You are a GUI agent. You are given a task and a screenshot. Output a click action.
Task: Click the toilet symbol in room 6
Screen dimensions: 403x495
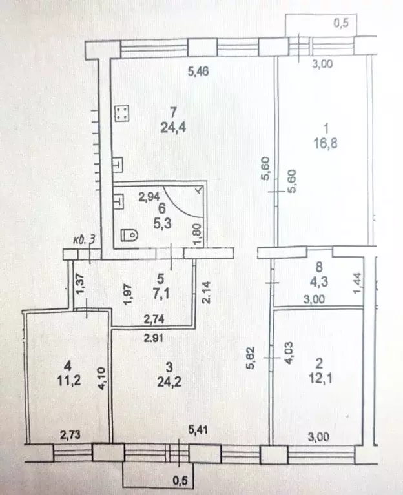pos(130,235)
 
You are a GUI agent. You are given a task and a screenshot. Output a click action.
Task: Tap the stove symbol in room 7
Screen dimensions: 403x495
pos(122,113)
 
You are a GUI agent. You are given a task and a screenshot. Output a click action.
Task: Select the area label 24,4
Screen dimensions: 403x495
pos(172,128)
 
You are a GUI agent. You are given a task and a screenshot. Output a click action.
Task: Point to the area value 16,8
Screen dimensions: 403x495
pos(325,144)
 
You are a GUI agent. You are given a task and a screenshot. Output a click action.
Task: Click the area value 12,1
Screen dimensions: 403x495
pos(320,378)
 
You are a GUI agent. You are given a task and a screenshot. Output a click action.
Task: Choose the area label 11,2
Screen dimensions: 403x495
pos(69,380)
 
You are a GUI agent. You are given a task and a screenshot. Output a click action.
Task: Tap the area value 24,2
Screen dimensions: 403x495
pos(169,382)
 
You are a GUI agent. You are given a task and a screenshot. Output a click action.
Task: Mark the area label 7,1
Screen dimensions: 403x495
pos(161,294)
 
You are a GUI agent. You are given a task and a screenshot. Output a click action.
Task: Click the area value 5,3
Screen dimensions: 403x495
pos(162,223)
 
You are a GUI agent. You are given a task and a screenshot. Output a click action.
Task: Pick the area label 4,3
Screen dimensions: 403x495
pos(319,281)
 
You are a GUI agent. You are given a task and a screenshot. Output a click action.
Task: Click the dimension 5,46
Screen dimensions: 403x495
pos(198,72)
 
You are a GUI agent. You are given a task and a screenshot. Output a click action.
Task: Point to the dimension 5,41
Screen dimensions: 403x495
pos(198,430)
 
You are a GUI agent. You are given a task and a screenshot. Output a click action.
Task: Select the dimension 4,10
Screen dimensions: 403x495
pos(101,378)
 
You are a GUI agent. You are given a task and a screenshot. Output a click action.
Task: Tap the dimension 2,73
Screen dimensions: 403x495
pos(70,436)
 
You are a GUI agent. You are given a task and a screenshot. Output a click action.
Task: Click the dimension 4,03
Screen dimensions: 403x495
pos(289,353)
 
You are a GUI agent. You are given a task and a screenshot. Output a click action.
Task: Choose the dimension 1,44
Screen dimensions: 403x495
pos(357,283)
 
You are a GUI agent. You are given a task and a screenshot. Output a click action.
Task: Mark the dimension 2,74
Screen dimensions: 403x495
pos(154,319)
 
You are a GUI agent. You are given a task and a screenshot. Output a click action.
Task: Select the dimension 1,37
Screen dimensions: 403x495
pos(81,283)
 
